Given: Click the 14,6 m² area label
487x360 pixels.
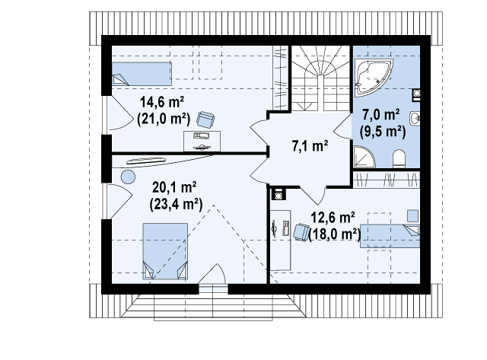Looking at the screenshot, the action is click(162, 101).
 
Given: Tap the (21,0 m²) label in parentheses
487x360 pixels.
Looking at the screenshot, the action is click(164, 118).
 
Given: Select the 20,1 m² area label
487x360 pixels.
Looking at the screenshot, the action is click(174, 187).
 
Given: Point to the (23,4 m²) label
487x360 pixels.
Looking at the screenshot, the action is click(176, 204).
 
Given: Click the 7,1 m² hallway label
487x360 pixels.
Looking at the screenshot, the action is click(310, 145).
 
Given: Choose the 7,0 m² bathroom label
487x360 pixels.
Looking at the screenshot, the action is click(381, 115).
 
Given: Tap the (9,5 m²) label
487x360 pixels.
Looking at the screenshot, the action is click(383, 132).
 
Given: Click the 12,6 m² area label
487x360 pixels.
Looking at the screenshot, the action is click(333, 218).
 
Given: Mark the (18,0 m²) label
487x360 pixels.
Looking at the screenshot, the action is click(335, 234).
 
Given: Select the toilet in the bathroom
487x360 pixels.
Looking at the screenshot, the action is click(399, 159).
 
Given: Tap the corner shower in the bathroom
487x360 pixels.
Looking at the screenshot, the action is click(364, 158).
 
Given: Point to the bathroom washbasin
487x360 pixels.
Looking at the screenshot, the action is click(415, 119).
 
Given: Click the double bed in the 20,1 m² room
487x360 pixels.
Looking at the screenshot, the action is click(165, 251).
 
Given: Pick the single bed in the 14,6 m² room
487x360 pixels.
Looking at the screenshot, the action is click(142, 74).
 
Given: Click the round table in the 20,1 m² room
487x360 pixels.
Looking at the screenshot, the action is click(128, 177).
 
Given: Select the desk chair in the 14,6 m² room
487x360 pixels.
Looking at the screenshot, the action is click(205, 119).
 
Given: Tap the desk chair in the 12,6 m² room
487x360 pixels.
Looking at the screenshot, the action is click(301, 231).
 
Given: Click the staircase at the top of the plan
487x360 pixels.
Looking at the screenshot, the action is click(320, 78).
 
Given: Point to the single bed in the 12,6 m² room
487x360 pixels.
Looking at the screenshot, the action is click(390, 236).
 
